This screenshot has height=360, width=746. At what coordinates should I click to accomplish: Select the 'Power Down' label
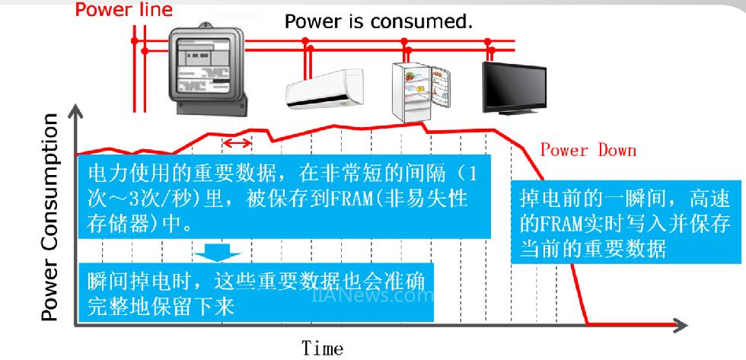(588, 150)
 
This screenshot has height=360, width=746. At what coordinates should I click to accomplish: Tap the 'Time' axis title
(322, 348)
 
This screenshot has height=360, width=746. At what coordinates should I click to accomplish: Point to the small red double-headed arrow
(236, 143)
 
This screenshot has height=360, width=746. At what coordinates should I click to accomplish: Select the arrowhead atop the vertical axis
(75, 114)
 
